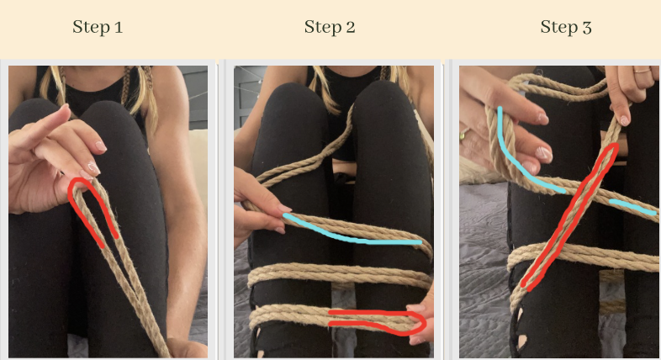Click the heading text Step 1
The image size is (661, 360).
point(98,27)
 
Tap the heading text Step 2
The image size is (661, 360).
point(330,27)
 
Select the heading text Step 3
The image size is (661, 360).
point(566,27)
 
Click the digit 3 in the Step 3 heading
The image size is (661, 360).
point(587,28)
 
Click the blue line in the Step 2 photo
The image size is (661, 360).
point(353,236)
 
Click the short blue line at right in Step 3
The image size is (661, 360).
point(631,205)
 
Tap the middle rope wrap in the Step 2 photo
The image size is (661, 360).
point(336,273)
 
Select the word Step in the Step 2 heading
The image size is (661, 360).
point(320,27)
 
